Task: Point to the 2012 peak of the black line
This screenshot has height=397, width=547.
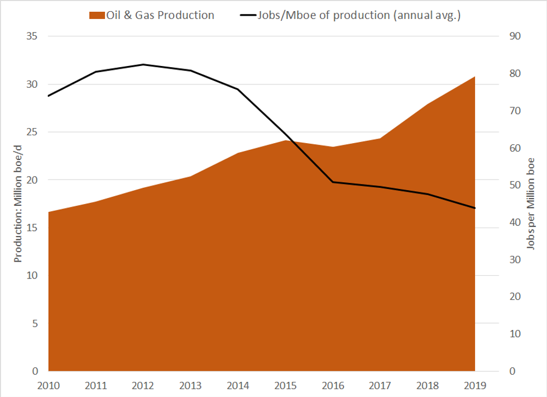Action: (x=143, y=64)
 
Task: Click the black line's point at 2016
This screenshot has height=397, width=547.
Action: (x=333, y=182)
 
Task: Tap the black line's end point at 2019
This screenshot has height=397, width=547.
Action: (x=475, y=208)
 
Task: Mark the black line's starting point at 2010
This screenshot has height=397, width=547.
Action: (x=49, y=96)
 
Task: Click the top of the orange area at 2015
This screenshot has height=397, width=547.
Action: (x=286, y=140)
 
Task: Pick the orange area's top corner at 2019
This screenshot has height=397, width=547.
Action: (x=474, y=77)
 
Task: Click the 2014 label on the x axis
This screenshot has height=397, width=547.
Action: (x=238, y=385)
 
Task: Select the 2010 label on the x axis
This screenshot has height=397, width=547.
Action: (x=49, y=385)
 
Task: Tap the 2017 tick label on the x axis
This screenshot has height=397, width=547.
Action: (x=381, y=385)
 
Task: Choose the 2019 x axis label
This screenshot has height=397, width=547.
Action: (x=475, y=385)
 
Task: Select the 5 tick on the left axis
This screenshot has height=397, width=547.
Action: (x=35, y=323)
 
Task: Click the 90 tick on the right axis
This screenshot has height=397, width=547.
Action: (x=514, y=36)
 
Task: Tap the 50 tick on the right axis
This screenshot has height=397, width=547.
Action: (x=514, y=185)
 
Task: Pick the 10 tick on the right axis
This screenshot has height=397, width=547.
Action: (x=514, y=334)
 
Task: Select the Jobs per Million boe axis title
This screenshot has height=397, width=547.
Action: (x=531, y=204)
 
